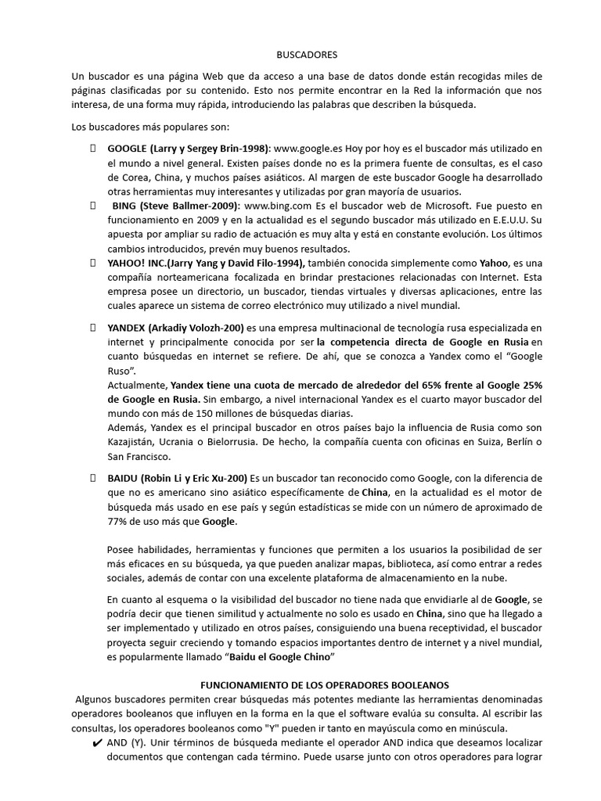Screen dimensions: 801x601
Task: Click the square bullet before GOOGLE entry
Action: pos(93,148)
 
